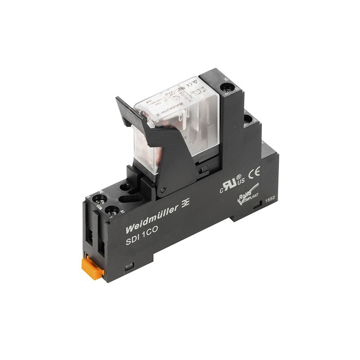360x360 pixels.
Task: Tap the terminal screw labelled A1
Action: tap(111, 210)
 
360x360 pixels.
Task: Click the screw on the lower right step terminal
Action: tap(247, 120)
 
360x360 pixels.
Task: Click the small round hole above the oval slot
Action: tap(126, 185)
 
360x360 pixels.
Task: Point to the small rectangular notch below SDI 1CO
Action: tap(129, 266)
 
